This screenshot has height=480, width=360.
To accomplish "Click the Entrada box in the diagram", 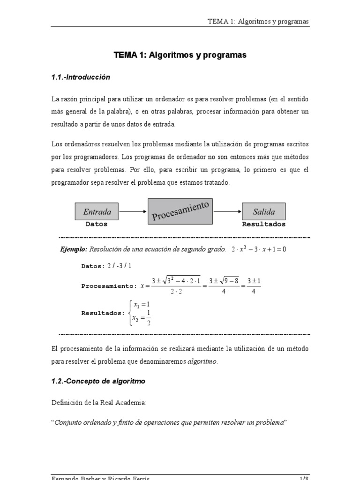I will [97, 211].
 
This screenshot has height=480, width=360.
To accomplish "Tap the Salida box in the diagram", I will [263, 211].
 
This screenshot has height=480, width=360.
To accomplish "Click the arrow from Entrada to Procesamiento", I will [133, 211].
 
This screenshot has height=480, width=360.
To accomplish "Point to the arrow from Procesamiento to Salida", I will [229, 211].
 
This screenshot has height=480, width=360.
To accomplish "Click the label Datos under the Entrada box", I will [97, 224].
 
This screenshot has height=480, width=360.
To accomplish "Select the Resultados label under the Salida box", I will [263, 224].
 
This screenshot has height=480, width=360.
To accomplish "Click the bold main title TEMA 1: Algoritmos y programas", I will [180, 55].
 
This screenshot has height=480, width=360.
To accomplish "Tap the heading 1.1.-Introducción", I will [81, 77].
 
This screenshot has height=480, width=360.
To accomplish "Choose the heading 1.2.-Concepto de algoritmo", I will [98, 381].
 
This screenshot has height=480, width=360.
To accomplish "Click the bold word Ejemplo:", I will [73, 249].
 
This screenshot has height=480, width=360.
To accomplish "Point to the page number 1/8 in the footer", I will [304, 477].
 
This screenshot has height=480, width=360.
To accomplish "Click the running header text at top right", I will [258, 22].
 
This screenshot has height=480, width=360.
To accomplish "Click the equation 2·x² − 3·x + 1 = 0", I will [259, 249].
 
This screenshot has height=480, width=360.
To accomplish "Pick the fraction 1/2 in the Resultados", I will [148, 317].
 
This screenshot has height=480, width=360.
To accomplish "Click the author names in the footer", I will [101, 477].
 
